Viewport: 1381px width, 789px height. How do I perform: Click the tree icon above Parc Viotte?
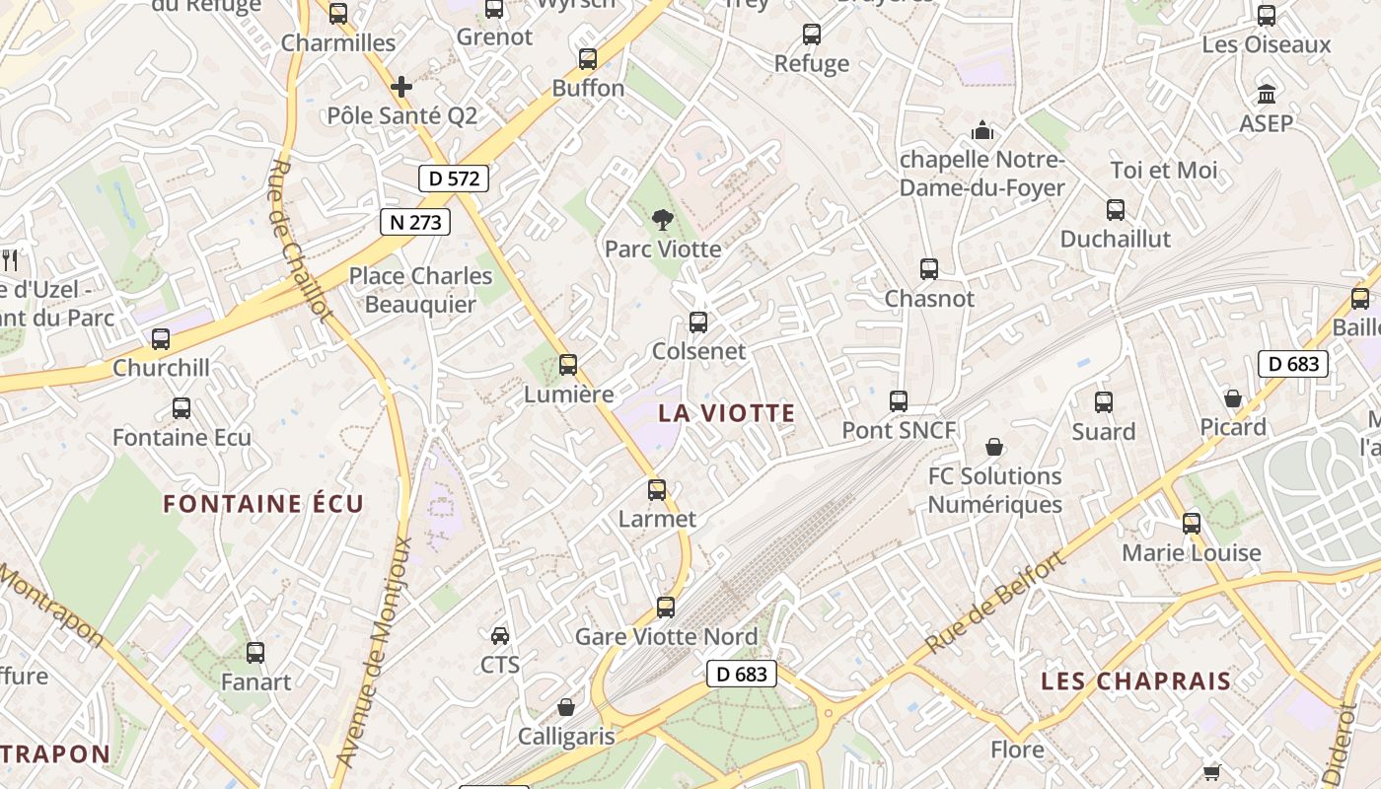(x=662, y=219)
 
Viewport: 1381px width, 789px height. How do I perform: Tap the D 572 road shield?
(x=454, y=179)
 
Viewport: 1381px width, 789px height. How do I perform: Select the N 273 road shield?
(x=415, y=222)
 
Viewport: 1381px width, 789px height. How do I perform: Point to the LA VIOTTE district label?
(x=727, y=413)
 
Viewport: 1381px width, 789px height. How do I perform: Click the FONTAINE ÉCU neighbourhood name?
(x=263, y=504)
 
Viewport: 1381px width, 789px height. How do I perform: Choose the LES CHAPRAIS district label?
(x=1136, y=681)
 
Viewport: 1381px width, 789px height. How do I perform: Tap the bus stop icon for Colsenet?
(x=698, y=322)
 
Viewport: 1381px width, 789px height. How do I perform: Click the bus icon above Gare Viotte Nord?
(x=666, y=608)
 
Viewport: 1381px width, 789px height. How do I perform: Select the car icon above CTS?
(x=500, y=635)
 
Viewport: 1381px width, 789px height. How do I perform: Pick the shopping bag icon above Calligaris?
(x=566, y=707)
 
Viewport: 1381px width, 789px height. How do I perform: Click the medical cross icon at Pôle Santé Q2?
(x=401, y=87)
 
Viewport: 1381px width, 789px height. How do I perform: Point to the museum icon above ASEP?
(x=1267, y=95)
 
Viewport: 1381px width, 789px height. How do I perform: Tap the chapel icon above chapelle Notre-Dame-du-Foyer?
(x=982, y=130)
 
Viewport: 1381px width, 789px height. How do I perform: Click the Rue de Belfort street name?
(x=996, y=604)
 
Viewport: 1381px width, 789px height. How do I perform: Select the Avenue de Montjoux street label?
(x=375, y=651)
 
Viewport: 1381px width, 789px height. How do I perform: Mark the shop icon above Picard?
(x=1233, y=398)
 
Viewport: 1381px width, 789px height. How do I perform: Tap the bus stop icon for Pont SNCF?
(x=899, y=401)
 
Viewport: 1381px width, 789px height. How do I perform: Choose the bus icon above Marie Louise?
(x=1192, y=523)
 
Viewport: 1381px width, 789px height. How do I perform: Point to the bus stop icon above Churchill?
(x=161, y=338)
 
